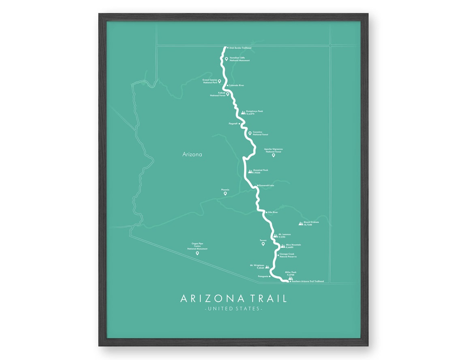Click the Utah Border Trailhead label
[x=240, y=48]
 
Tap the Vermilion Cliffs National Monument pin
[x=227, y=59]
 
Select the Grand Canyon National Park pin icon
[x=219, y=81]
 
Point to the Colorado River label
[x=236, y=85]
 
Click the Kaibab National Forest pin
[x=228, y=94]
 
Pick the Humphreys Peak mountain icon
[x=243, y=112]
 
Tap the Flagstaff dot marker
[x=240, y=124]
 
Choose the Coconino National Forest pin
[x=250, y=133]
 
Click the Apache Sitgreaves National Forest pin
[x=273, y=155]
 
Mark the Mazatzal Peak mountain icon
[x=250, y=171]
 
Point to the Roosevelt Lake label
[x=267, y=185]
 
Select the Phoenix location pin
[x=225, y=194]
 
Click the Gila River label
[x=273, y=212]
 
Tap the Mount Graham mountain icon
[x=301, y=223]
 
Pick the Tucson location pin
[x=263, y=244]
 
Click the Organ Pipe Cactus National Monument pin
[x=197, y=253]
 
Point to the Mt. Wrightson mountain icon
[x=267, y=267]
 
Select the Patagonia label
[x=263, y=276]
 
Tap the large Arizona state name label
[x=192, y=154]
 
